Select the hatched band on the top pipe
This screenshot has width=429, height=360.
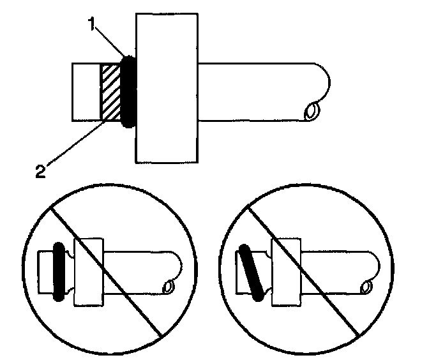[111, 91]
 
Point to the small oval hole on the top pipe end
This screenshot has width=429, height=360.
[312, 112]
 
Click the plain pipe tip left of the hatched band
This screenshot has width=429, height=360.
[87, 91]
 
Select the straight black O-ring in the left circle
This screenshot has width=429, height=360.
[58, 269]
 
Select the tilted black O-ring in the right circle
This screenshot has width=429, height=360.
[252, 271]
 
